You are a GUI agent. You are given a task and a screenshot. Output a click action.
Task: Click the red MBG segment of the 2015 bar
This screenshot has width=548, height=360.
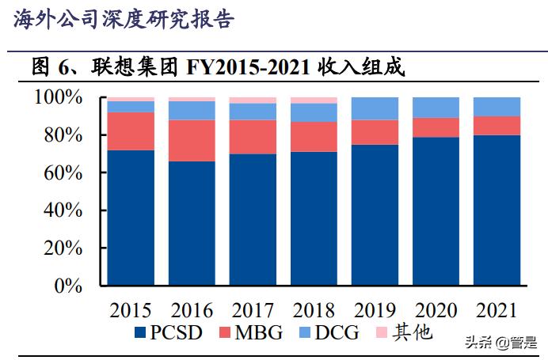point(131,131)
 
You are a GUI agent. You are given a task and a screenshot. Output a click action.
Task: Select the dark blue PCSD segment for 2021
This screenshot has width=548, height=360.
point(497,210)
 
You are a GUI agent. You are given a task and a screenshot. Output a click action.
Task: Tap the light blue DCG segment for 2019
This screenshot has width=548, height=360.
point(375,108)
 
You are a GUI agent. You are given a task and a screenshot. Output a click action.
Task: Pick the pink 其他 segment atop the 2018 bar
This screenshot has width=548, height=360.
point(314,100)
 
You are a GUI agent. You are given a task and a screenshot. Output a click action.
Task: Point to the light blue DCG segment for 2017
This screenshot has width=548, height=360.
point(253,112)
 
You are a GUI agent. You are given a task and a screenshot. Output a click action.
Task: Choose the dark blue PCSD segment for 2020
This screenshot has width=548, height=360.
point(436,211)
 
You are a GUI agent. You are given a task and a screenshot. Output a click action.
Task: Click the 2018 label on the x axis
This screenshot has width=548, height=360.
point(314,309)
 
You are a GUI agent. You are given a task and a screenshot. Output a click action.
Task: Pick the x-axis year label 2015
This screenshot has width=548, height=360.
point(131,309)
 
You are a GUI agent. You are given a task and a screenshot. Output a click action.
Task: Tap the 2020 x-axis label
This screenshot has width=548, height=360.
point(436,309)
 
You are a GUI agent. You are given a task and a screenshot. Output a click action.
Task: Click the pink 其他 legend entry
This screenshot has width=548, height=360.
point(403,333)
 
